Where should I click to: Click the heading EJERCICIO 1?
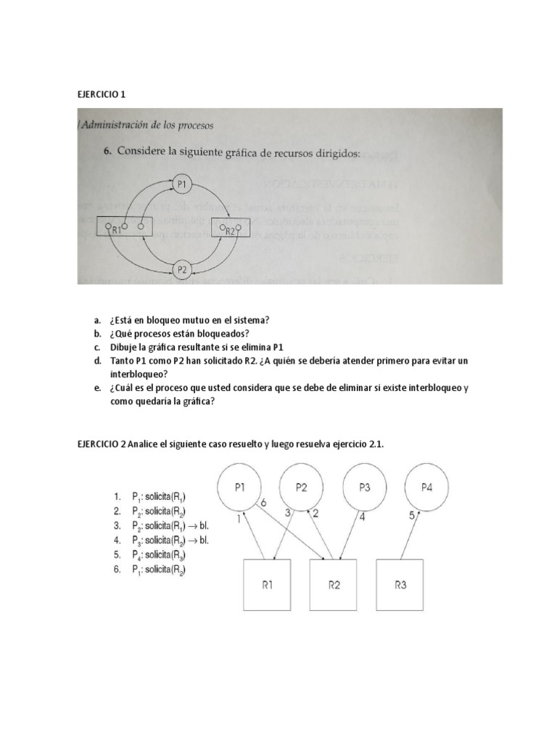101,94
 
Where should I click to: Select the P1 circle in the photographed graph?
182,184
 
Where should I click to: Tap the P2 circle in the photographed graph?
182,268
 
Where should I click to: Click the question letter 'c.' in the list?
96,348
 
